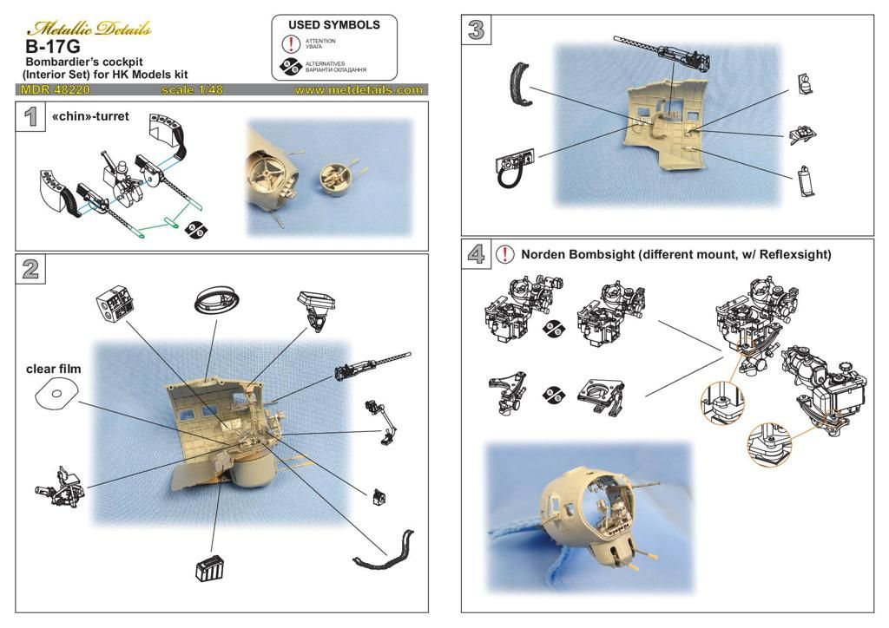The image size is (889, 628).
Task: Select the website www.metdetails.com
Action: pyautogui.click(x=359, y=89)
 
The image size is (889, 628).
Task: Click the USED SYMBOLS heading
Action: pyautogui.click(x=334, y=25)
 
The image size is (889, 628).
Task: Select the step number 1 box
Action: pyautogui.click(x=30, y=116)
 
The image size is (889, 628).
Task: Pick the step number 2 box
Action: pyautogui.click(x=30, y=269)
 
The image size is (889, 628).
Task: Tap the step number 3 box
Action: pyautogui.click(x=476, y=29)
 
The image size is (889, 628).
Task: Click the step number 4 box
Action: pyautogui.click(x=476, y=254)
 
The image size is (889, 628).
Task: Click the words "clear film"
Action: pyautogui.click(x=54, y=370)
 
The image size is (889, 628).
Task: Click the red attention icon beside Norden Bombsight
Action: pyautogui.click(x=504, y=254)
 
